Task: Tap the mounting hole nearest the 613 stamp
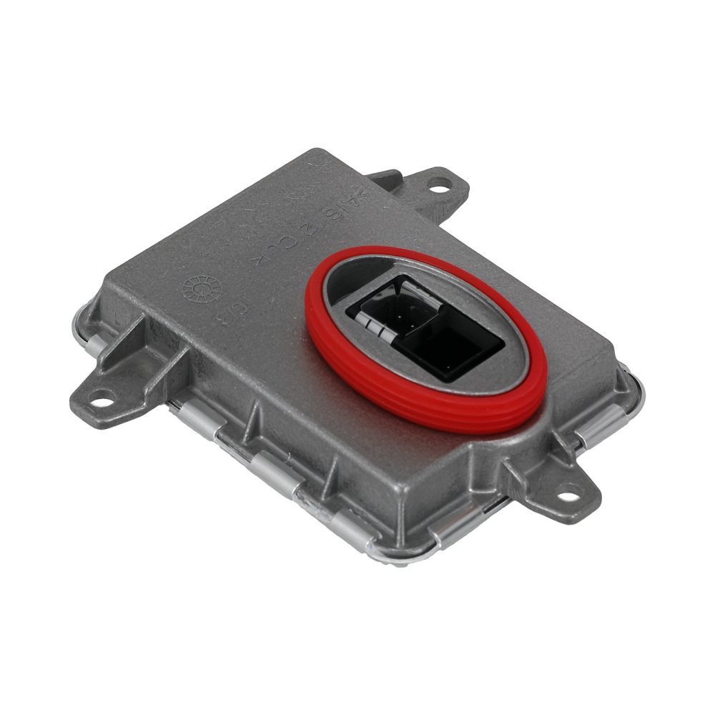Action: [x=102, y=400]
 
